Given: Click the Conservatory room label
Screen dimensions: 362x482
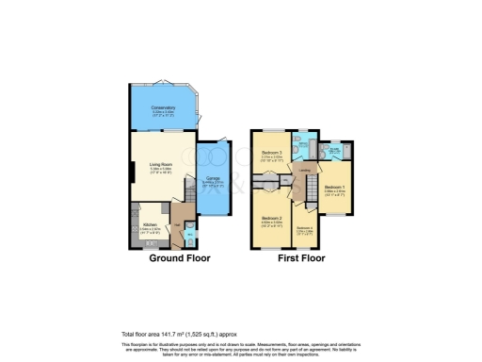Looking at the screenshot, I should click(x=164, y=107).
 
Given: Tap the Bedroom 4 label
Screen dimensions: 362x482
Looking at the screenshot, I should click(x=304, y=228).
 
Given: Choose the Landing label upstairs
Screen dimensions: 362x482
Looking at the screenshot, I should click(x=307, y=171).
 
